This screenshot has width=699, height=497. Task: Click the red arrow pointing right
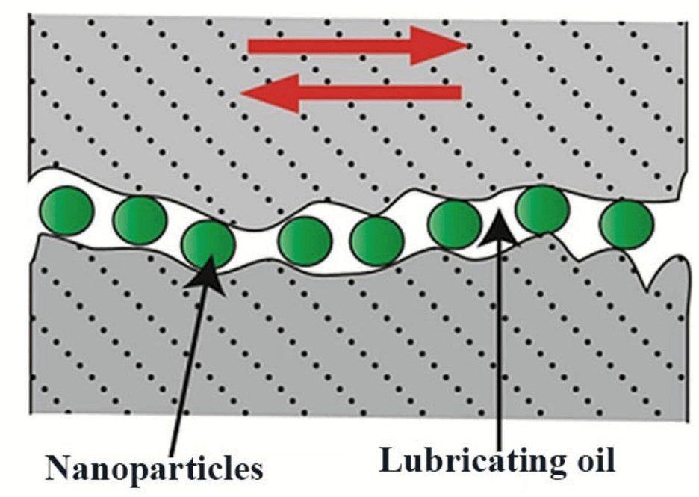point(351,46)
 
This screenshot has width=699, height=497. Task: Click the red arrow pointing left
point(358,92)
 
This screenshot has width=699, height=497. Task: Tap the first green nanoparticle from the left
point(67,212)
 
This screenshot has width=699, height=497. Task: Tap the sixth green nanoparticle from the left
point(454,224)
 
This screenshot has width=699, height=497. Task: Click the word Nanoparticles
point(154,468)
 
